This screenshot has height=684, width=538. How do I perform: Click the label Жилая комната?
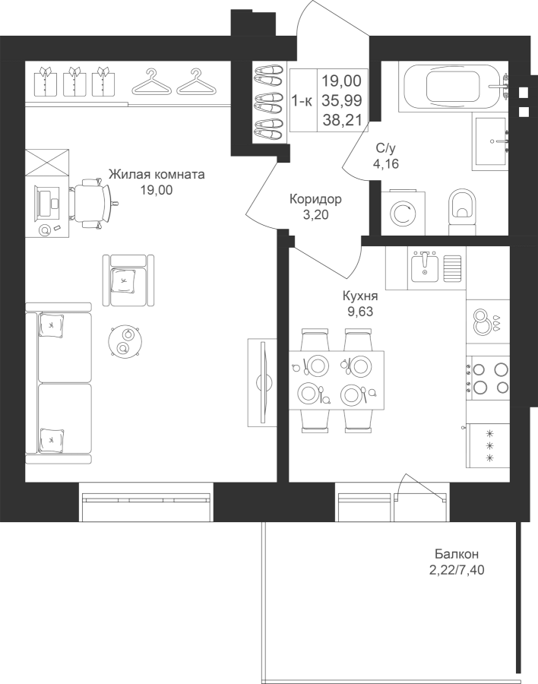pyautogui.click(x=157, y=175)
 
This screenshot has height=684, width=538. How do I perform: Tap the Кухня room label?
pyautogui.click(x=360, y=296)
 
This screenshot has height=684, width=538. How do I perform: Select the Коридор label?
pyautogui.click(x=315, y=199)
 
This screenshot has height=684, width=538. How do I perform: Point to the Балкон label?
pyautogui.click(x=457, y=554)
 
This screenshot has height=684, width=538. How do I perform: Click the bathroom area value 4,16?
pyautogui.click(x=386, y=164)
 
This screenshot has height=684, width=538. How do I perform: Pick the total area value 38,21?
pyautogui.click(x=343, y=120)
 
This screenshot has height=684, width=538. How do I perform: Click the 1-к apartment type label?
pyautogui.click(x=302, y=101)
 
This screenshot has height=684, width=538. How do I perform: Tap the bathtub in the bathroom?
pyautogui.click(x=453, y=87)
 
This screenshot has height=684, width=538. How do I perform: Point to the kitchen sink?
pyautogui.click(x=425, y=266)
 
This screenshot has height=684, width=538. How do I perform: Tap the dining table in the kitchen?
pyautogui.click(x=337, y=380)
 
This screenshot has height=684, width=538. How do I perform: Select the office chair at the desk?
pyautogui.click(x=93, y=203)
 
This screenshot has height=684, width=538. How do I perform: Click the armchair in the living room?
pyautogui.click(x=128, y=280)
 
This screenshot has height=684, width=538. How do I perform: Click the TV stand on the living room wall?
pyautogui.click(x=262, y=382)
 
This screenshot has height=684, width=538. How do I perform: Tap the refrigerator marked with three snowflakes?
pyautogui.click(x=488, y=445)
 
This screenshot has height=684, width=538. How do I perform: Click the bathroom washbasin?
pyautogui.click(x=490, y=141)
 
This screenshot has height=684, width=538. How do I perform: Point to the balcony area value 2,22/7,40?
pyautogui.click(x=457, y=570)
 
